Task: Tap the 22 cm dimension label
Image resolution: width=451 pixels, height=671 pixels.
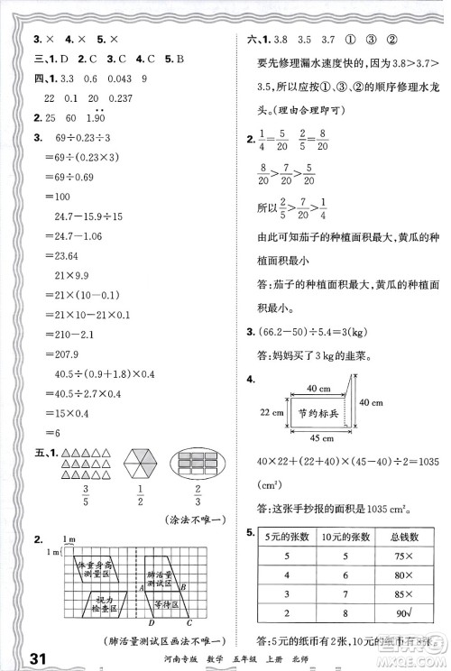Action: pyautogui.click(x=268, y=413)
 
